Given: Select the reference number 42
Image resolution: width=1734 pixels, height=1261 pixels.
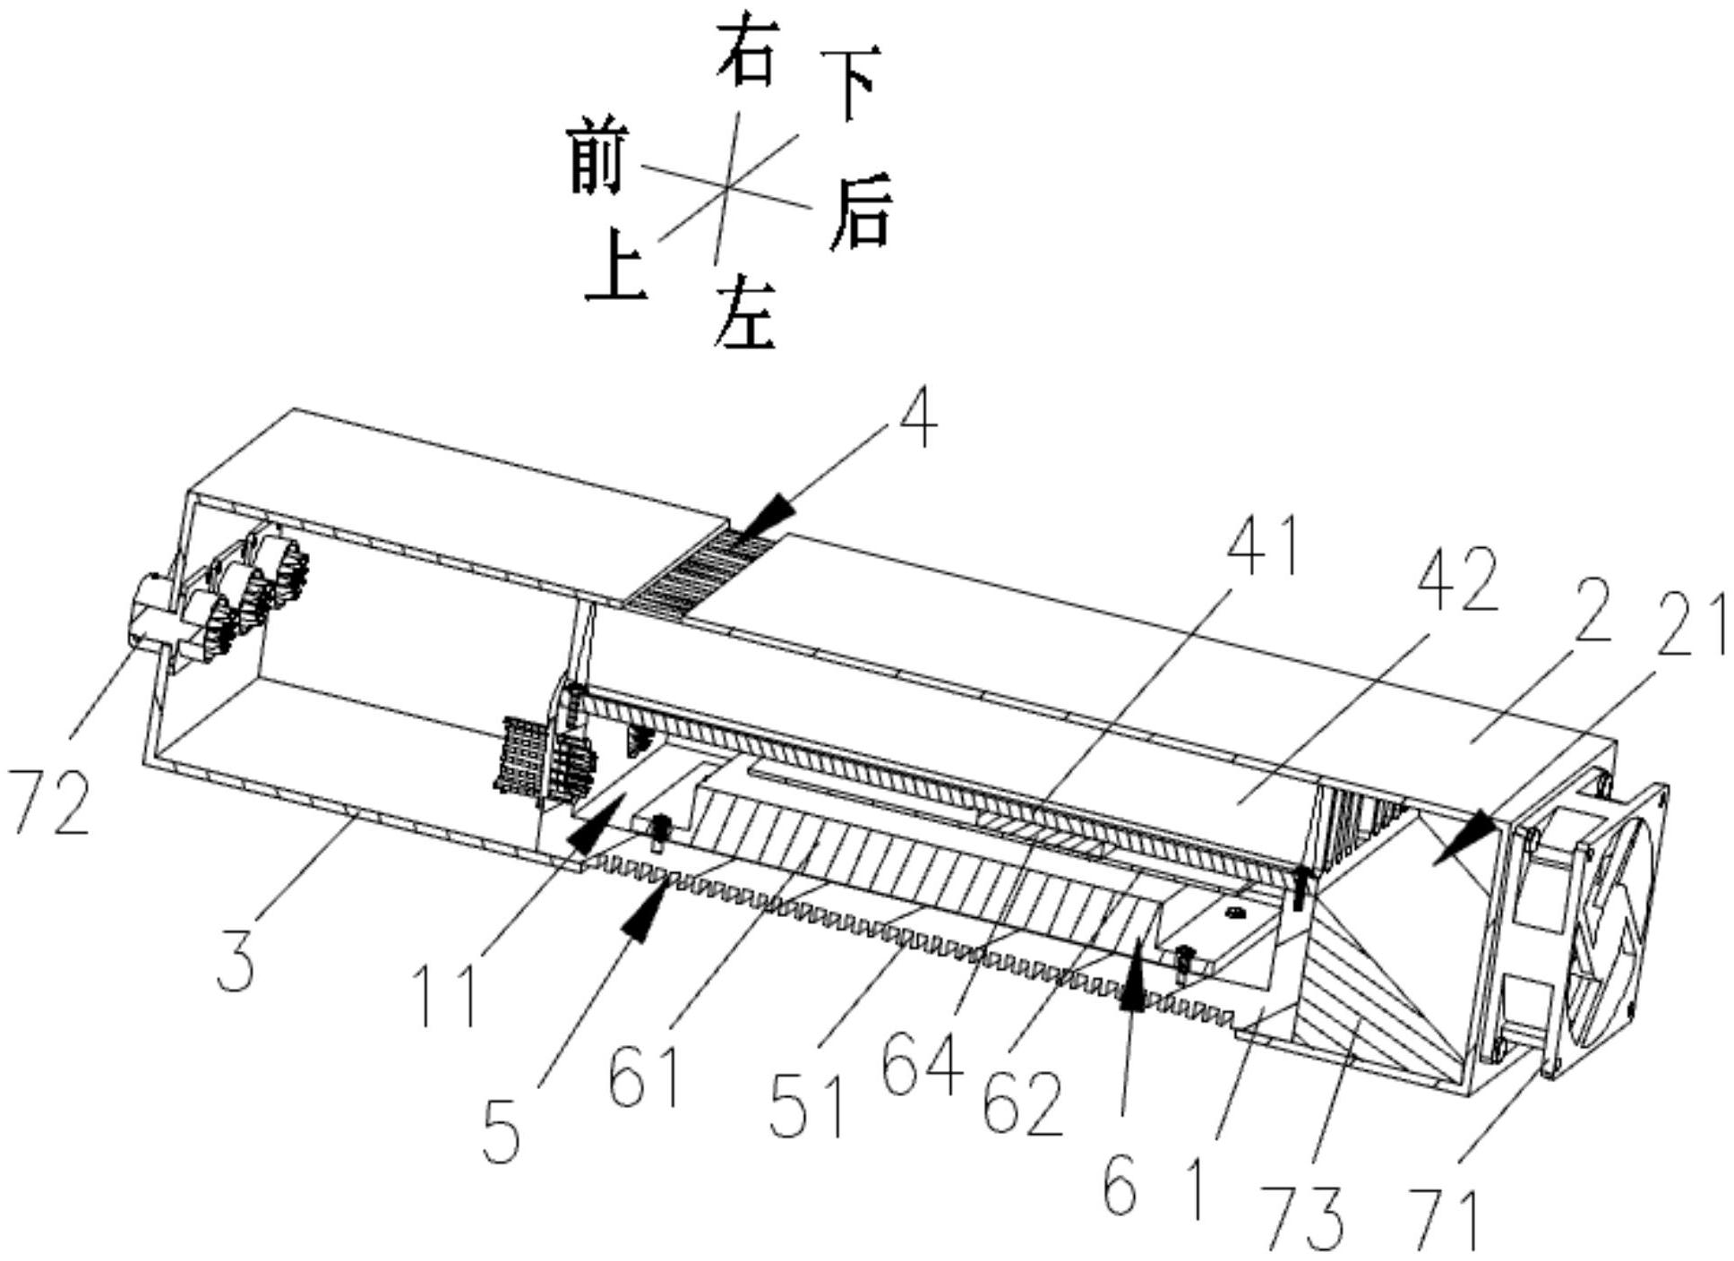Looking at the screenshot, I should [x=1457, y=579].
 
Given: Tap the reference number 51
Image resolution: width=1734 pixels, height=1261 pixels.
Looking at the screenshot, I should [x=809, y=1107].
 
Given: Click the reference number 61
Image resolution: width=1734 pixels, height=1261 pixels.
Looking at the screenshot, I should [x=644, y=1077].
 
